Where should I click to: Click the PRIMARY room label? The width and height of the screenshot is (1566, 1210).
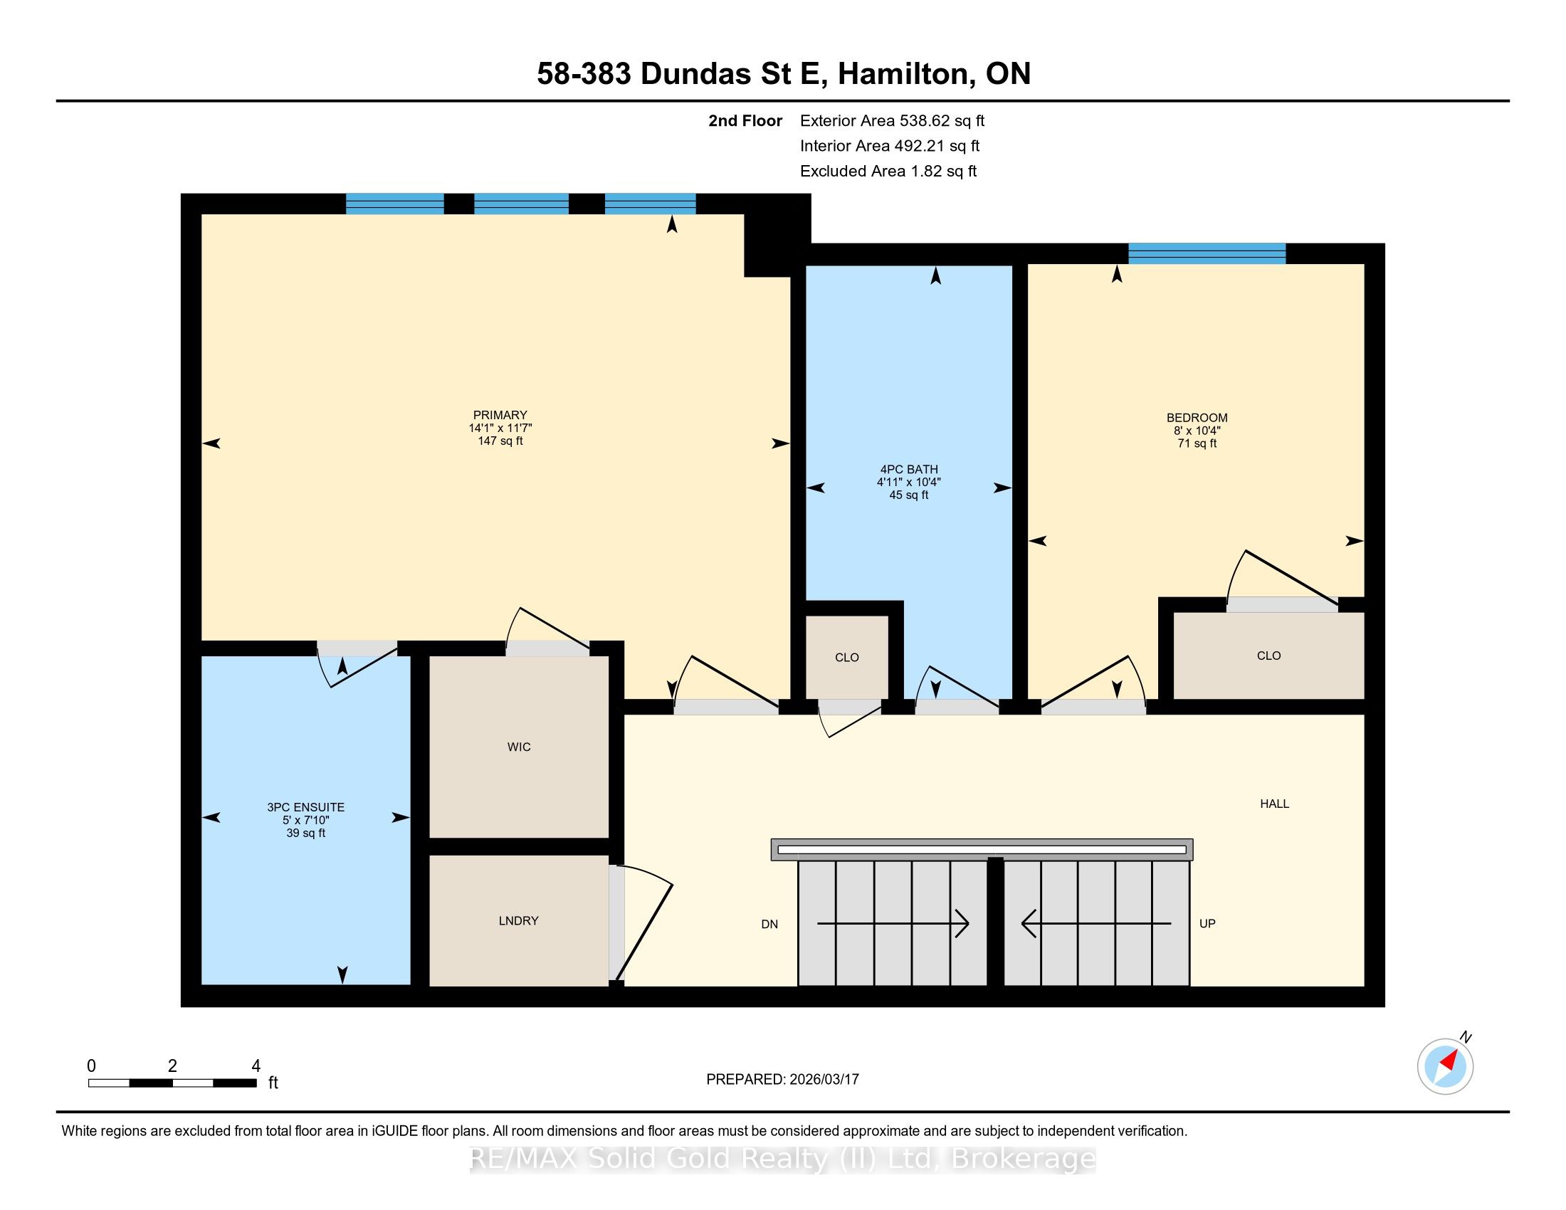[500, 415]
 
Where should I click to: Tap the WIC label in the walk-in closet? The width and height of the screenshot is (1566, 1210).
[518, 747]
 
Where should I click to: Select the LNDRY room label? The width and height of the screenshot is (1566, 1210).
[518, 920]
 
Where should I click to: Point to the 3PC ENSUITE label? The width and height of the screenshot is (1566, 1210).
[305, 807]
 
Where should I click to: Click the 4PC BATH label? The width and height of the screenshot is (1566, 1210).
[908, 470]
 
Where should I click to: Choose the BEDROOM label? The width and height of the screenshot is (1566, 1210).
[1197, 418]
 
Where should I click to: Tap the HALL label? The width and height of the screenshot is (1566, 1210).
[1274, 804]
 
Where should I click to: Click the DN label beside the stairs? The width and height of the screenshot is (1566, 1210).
[769, 924]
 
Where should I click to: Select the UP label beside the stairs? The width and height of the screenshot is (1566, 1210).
[1207, 923]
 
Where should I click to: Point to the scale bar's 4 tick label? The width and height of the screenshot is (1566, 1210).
[256, 1066]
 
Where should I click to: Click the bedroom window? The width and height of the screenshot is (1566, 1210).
[1207, 254]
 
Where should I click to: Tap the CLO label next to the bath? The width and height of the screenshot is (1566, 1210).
[847, 658]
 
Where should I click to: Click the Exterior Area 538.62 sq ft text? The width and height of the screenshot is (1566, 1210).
[892, 120]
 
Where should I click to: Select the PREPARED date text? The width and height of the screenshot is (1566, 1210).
[782, 1079]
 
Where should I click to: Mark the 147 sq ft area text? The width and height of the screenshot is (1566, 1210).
[500, 441]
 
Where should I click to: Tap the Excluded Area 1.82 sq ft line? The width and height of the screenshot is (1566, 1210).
[888, 171]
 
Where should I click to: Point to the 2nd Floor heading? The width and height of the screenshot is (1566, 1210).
[745, 120]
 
